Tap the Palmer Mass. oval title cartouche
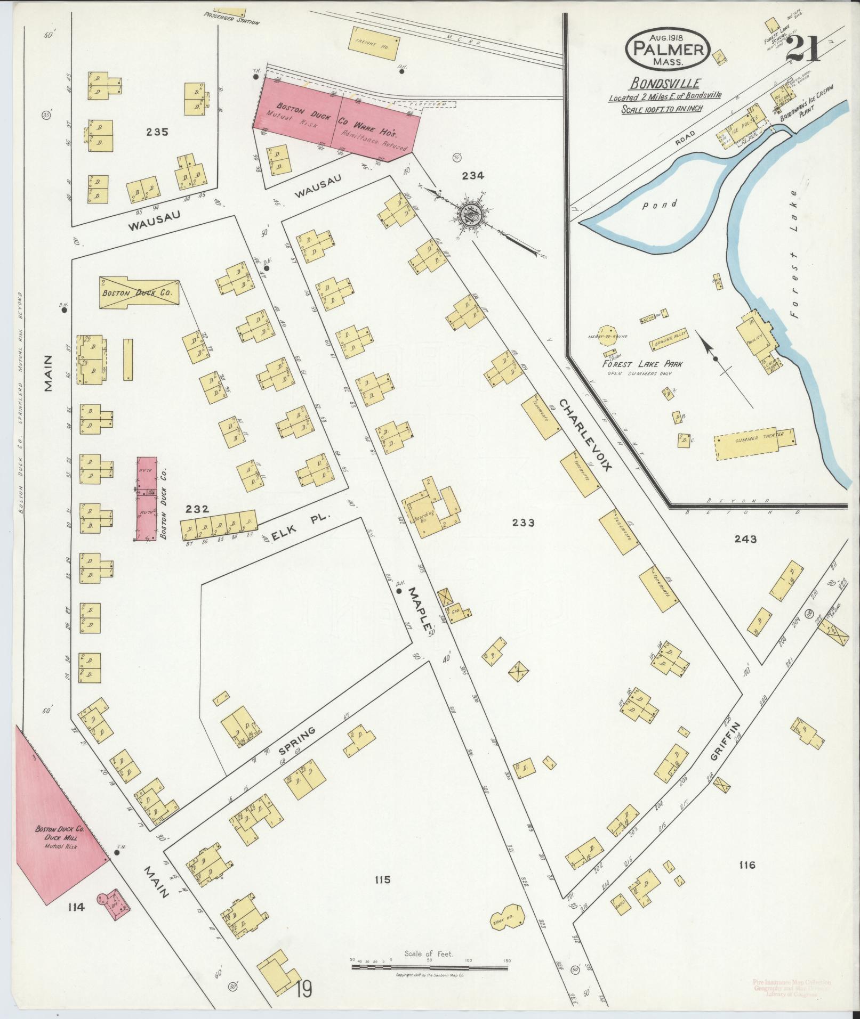click(x=670, y=48)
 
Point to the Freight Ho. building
click(x=374, y=40)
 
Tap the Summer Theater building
click(x=755, y=440)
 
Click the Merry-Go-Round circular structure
click(x=609, y=336)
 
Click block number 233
click(x=523, y=523)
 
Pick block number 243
click(x=745, y=539)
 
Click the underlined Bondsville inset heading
click(x=665, y=83)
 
